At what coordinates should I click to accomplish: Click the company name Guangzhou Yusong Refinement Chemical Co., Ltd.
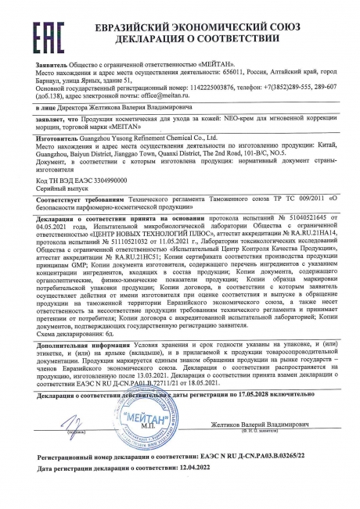tap(151, 156)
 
